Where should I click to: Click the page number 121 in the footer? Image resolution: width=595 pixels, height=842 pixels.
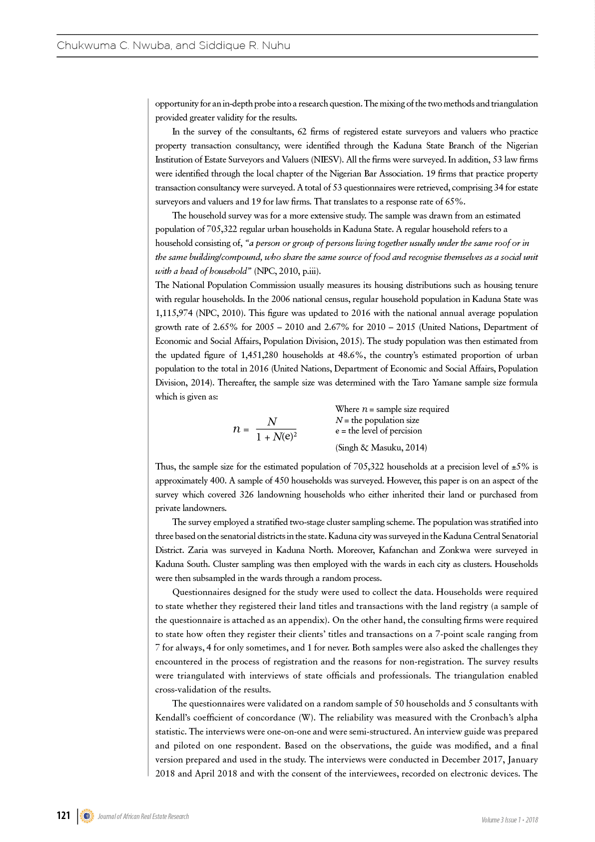pyautogui.click(x=63, y=815)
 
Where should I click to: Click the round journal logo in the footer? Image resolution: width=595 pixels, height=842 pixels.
pyautogui.click(x=87, y=816)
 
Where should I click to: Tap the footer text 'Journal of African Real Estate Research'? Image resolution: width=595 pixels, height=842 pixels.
pyautogui.click(x=143, y=816)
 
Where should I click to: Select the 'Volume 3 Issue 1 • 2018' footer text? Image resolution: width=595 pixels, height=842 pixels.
pyautogui.click(x=510, y=820)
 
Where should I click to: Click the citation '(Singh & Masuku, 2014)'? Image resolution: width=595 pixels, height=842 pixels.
pyautogui.click(x=381, y=447)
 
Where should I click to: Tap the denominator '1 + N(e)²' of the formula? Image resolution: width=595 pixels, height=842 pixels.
pyautogui.click(x=276, y=437)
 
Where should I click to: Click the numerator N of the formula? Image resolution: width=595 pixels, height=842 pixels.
pyautogui.click(x=272, y=421)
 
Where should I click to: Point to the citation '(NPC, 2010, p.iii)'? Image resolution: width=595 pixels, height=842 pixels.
pyautogui.click(x=287, y=271)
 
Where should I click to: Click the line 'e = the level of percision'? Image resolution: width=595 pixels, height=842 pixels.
pyautogui.click(x=379, y=431)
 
